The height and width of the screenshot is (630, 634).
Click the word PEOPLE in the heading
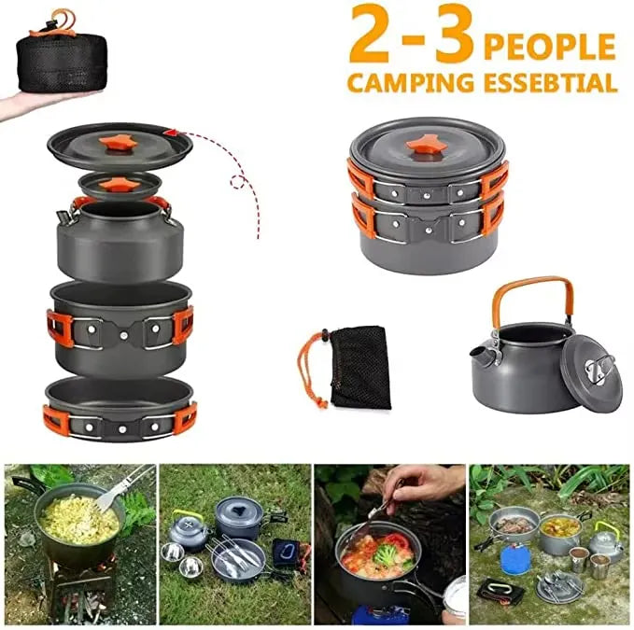(x=549, y=46)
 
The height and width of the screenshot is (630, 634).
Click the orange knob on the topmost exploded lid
(x=119, y=143)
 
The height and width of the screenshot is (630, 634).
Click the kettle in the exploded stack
(x=120, y=238)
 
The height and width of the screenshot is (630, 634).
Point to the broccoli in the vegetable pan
(x=386, y=553)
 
